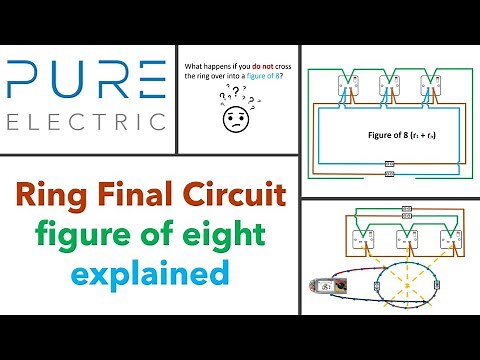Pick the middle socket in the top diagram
[391, 88]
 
